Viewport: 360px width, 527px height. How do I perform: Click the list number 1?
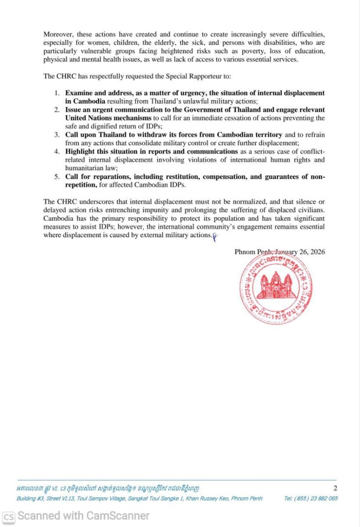(x=57, y=93)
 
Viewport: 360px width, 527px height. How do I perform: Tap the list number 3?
(x=57, y=135)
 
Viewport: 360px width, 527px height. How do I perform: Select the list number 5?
(x=57, y=177)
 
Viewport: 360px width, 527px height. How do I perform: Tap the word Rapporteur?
(x=206, y=76)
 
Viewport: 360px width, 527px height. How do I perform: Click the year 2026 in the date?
(x=317, y=252)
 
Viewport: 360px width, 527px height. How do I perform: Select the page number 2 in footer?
(x=335, y=488)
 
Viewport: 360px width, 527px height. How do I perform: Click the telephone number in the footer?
(x=311, y=498)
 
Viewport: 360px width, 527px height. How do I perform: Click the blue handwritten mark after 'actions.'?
(x=215, y=236)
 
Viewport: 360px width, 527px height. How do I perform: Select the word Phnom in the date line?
(x=245, y=252)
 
